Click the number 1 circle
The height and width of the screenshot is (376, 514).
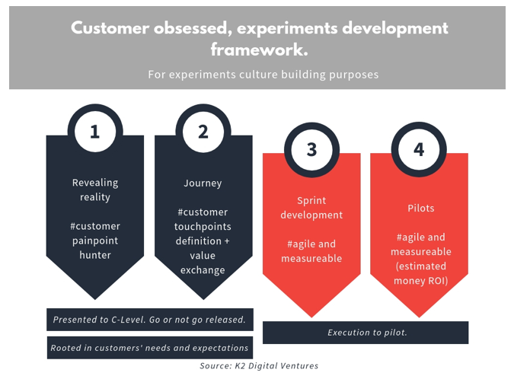(x=95, y=132)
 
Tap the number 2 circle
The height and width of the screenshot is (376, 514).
(x=203, y=132)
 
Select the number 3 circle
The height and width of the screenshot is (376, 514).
(x=311, y=150)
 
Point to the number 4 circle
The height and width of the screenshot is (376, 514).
(x=419, y=149)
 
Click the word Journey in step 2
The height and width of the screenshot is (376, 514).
(x=203, y=183)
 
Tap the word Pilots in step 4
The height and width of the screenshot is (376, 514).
(x=421, y=208)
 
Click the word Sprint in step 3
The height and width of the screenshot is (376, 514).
(x=311, y=200)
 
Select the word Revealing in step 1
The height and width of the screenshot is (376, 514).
(x=95, y=183)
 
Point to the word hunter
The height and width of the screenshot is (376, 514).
(x=95, y=255)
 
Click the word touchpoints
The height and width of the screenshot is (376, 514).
(x=203, y=227)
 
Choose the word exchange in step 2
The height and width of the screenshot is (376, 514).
(x=203, y=270)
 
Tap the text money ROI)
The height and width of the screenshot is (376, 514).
(x=421, y=281)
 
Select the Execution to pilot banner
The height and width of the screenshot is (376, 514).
(x=366, y=333)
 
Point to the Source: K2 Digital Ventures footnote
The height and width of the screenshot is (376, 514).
(x=259, y=366)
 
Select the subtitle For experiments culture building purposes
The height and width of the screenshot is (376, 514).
(x=263, y=75)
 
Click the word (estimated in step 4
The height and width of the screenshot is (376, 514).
(x=421, y=266)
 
